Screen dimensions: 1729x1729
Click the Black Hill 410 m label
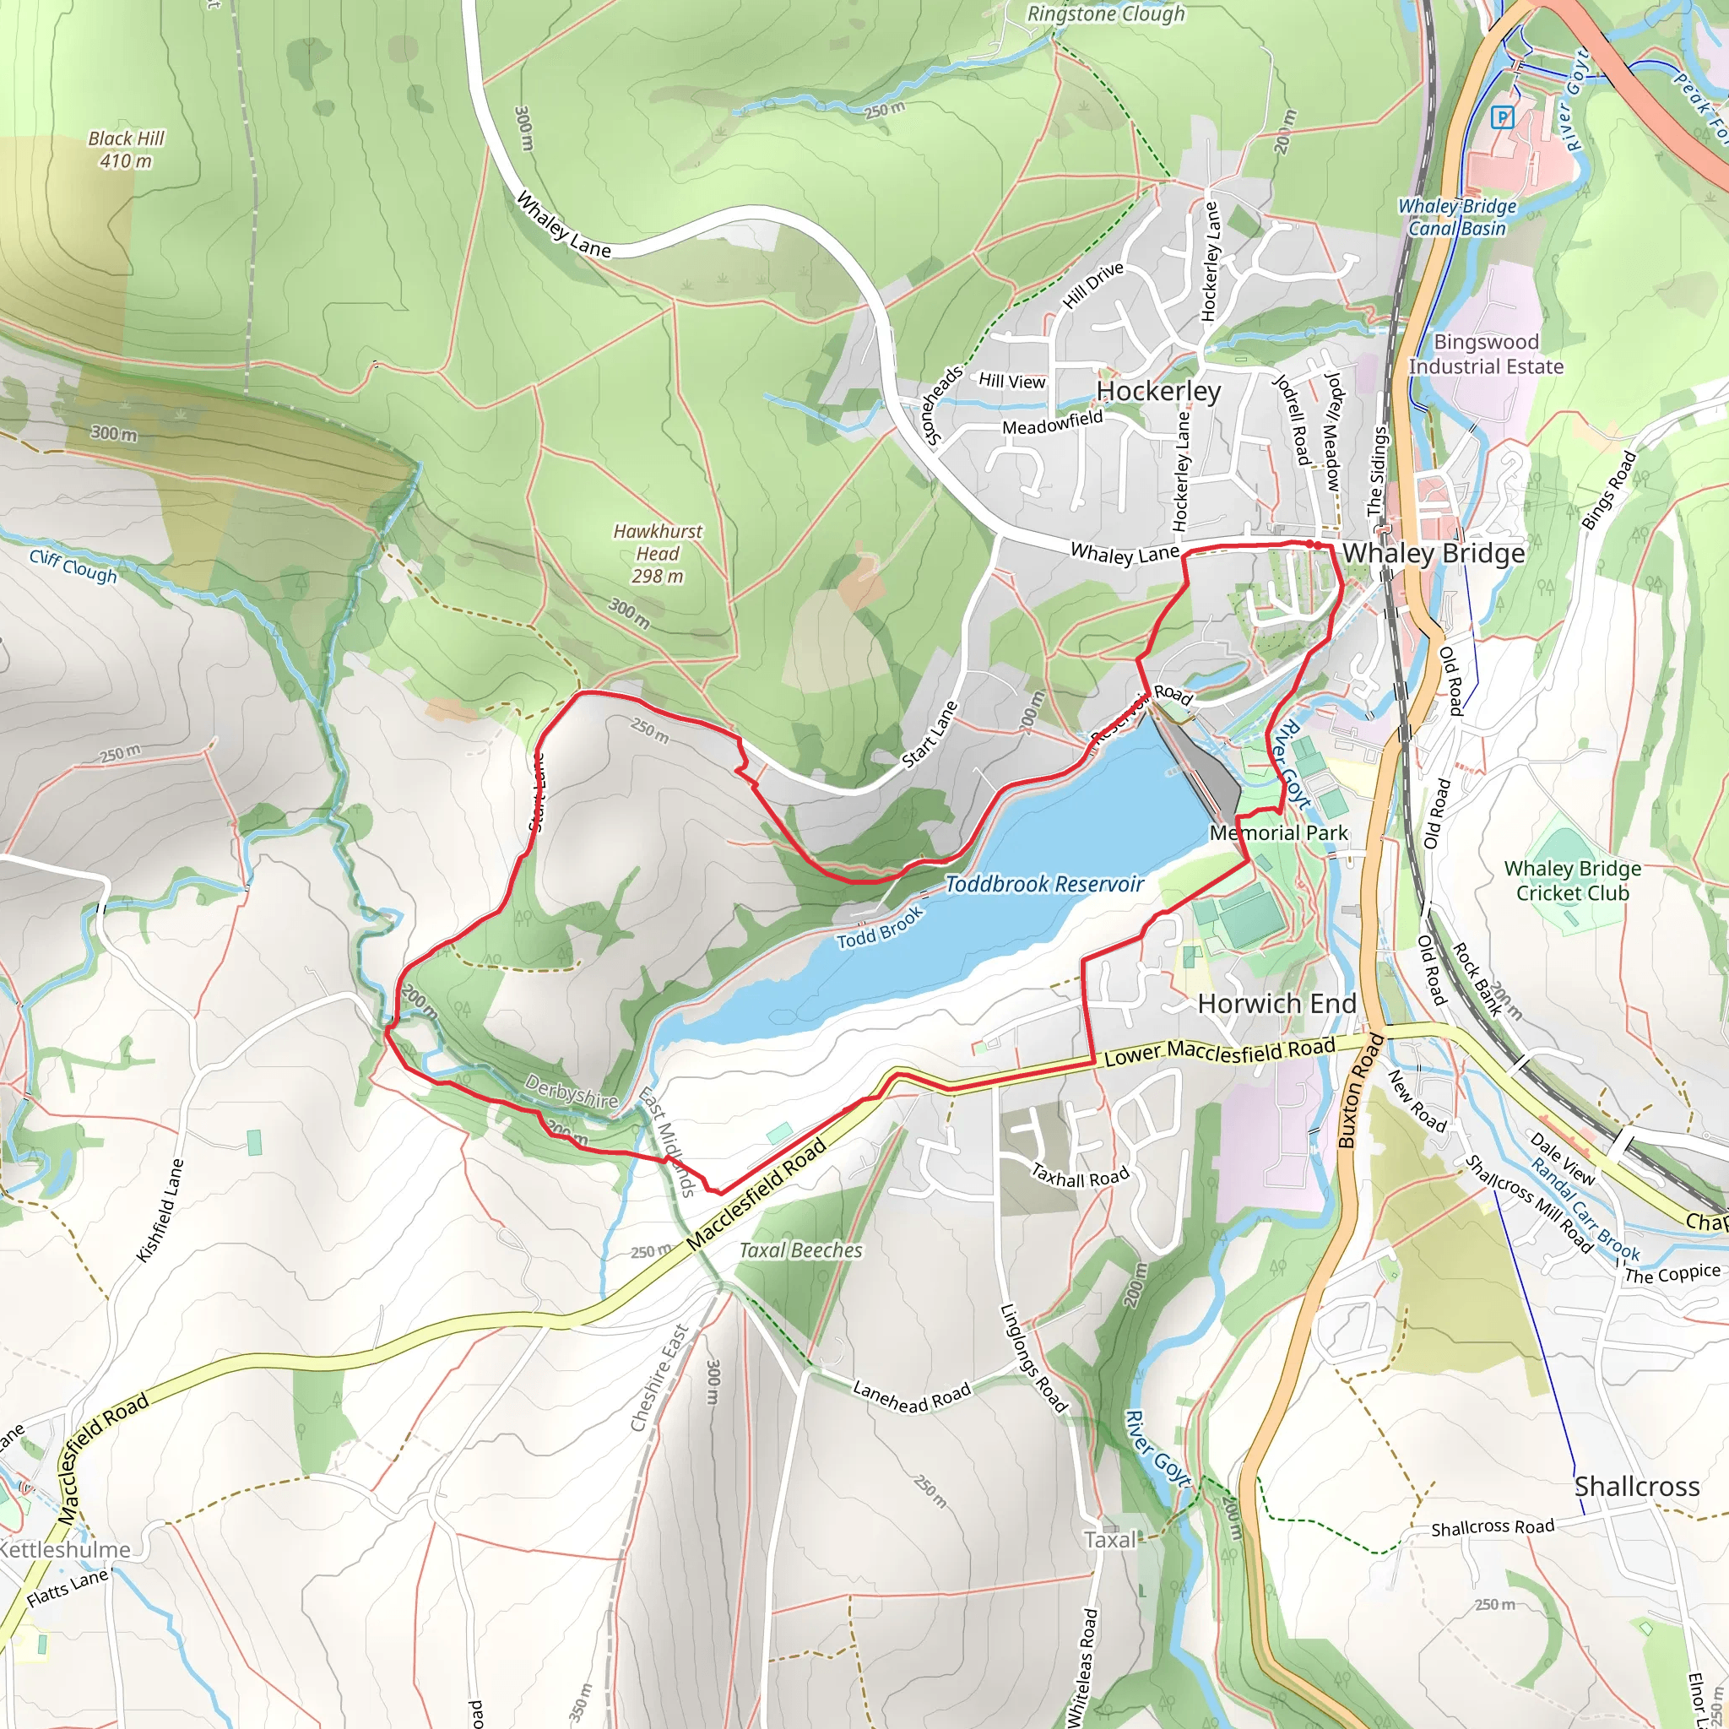coord(126,149)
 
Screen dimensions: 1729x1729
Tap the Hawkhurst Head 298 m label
coord(658,554)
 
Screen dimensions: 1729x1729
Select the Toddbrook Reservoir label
coord(1044,884)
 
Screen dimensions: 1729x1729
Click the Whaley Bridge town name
coord(1433,553)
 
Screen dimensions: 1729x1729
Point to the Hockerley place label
coord(1158,391)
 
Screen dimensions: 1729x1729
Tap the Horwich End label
coord(1276,1003)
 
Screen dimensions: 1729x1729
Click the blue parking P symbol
coord(1503,117)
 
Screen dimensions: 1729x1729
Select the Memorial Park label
coord(1278,832)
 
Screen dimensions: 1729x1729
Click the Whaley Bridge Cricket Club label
coord(1572,881)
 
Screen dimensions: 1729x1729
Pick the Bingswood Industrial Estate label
coord(1486,355)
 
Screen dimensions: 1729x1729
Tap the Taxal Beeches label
coord(800,1250)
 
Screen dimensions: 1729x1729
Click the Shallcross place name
coord(1636,1487)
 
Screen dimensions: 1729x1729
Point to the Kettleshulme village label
coord(64,1549)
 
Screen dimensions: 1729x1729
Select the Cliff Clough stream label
coord(73,566)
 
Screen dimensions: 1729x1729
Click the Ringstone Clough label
coord(1105,14)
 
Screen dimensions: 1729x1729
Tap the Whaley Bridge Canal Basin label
coord(1457,217)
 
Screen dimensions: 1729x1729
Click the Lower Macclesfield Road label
coord(1219,1053)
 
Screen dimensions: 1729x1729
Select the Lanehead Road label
coord(911,1396)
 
